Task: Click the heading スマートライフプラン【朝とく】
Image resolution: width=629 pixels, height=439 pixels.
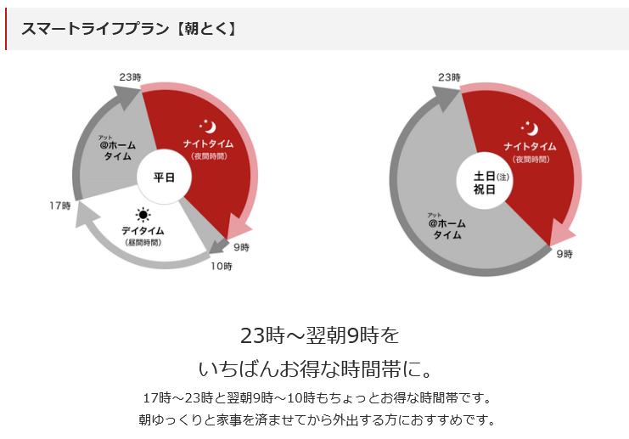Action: click(128, 29)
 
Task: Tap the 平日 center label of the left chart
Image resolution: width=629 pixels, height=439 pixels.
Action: click(163, 177)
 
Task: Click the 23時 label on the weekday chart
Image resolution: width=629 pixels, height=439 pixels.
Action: click(129, 76)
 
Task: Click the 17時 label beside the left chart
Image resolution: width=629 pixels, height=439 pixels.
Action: click(59, 205)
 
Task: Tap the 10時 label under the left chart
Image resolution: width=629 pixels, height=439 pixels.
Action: click(222, 266)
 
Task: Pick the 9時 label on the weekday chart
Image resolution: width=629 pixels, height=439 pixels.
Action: click(241, 247)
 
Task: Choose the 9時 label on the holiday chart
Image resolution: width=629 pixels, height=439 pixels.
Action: click(564, 253)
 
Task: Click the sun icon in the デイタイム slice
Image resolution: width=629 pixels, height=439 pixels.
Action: click(143, 215)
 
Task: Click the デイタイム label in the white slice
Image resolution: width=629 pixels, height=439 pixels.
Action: click(143, 231)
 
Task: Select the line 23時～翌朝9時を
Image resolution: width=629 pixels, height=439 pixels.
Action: click(319, 335)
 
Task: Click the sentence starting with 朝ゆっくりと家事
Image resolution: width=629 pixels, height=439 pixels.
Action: click(316, 419)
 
